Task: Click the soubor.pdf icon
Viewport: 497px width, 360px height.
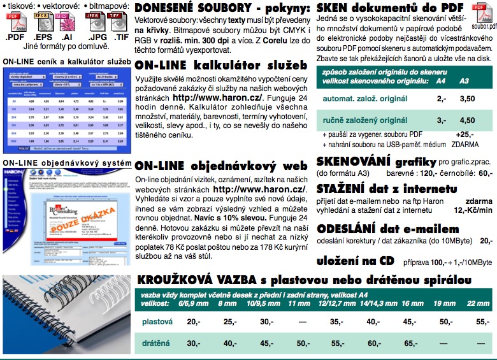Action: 482,18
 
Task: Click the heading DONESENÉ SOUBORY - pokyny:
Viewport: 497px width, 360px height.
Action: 222,9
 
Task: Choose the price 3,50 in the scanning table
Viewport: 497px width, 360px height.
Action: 468,99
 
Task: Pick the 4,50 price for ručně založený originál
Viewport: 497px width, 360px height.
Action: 468,120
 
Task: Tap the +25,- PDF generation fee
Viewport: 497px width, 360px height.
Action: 465,134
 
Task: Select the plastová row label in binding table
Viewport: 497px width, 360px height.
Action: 156,321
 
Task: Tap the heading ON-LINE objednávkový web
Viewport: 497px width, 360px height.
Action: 217,166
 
